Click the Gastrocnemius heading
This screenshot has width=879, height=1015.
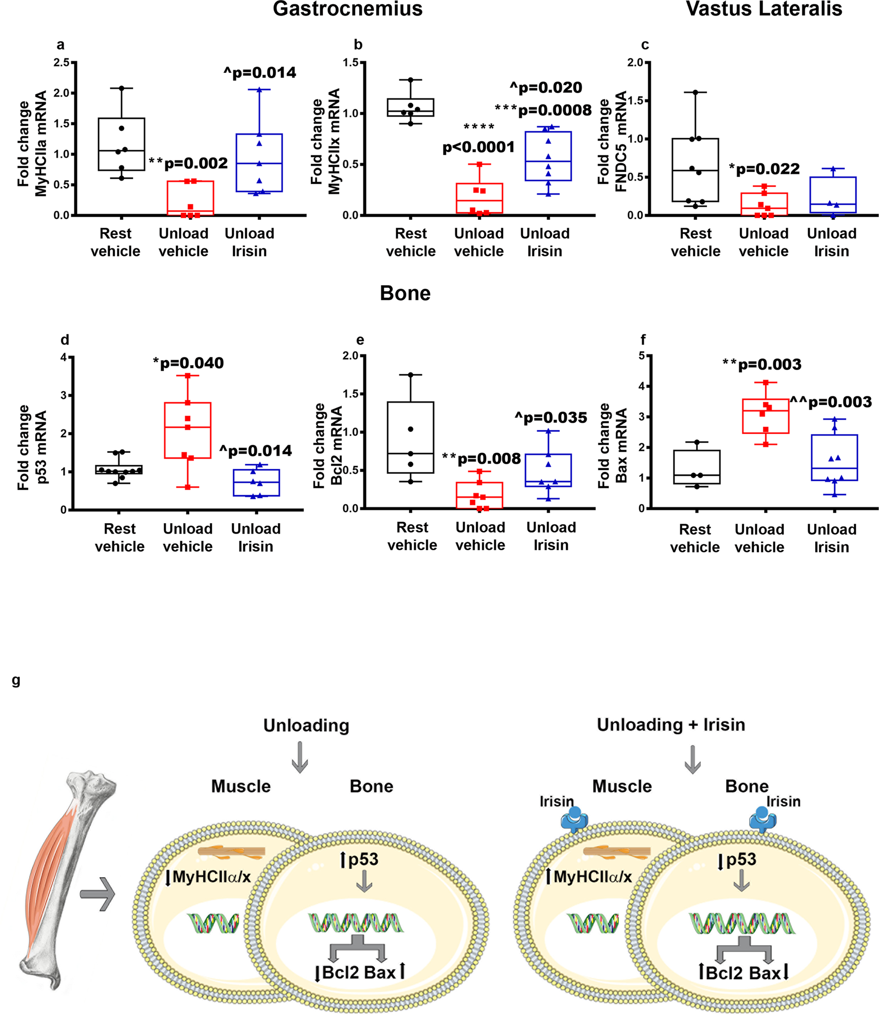pyautogui.click(x=347, y=9)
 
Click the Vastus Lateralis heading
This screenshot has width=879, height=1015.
pyautogui.click(x=763, y=9)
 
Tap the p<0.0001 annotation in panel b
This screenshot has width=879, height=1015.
pyautogui.click(x=478, y=147)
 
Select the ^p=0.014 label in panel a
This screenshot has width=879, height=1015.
pyautogui.click(x=260, y=73)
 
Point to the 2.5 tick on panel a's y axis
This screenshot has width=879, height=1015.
pyautogui.click(x=62, y=62)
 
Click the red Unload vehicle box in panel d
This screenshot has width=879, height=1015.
pyautogui.click(x=188, y=430)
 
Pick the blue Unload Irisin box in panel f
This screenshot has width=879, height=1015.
pyautogui.click(x=834, y=457)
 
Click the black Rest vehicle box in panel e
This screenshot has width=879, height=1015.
pyautogui.click(x=410, y=437)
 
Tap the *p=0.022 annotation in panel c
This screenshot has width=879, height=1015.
pyautogui.click(x=764, y=169)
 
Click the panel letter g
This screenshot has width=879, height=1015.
pyautogui.click(x=16, y=681)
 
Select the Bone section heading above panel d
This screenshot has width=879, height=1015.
pyautogui.click(x=405, y=293)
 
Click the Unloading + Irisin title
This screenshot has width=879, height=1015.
pyautogui.click(x=670, y=725)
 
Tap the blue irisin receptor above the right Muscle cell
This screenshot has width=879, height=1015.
pyautogui.click(x=574, y=819)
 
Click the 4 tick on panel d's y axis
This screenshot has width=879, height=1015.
pyautogui.click(x=63, y=357)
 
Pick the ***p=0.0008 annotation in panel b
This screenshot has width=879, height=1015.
pyautogui.click(x=543, y=110)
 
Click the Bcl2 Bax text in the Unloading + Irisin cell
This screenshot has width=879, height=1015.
pyautogui.click(x=742, y=973)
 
